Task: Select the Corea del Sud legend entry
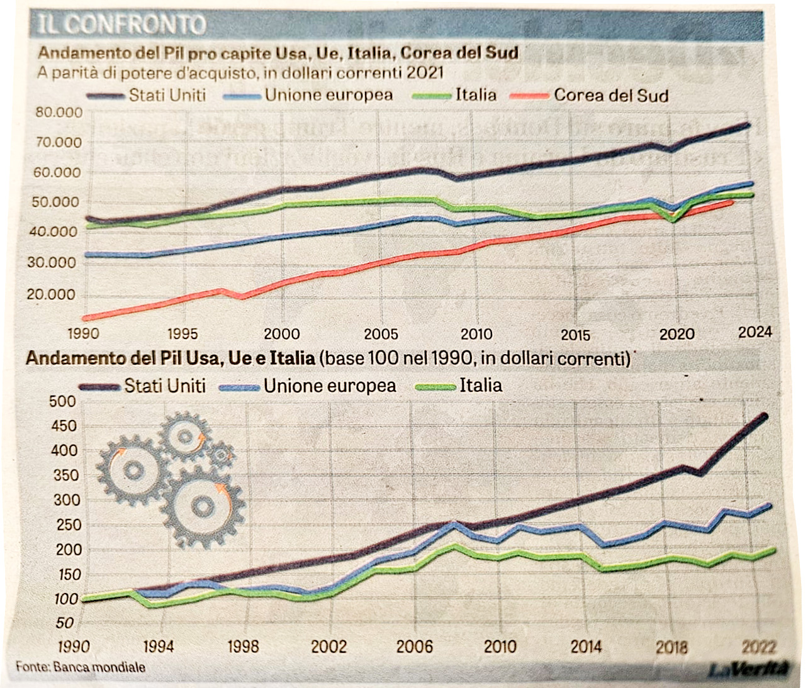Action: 610,96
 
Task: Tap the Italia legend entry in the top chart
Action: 475,95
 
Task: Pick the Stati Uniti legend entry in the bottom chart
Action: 164,386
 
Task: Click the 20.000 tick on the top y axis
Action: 52,294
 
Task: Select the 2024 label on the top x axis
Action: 755,331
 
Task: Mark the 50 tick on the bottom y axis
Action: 65,623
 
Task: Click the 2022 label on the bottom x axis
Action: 758,646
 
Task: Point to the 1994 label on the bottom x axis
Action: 157,646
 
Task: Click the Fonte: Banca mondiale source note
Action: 81,667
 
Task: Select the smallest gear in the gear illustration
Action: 222,453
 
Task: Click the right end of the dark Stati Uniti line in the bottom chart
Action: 765,416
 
